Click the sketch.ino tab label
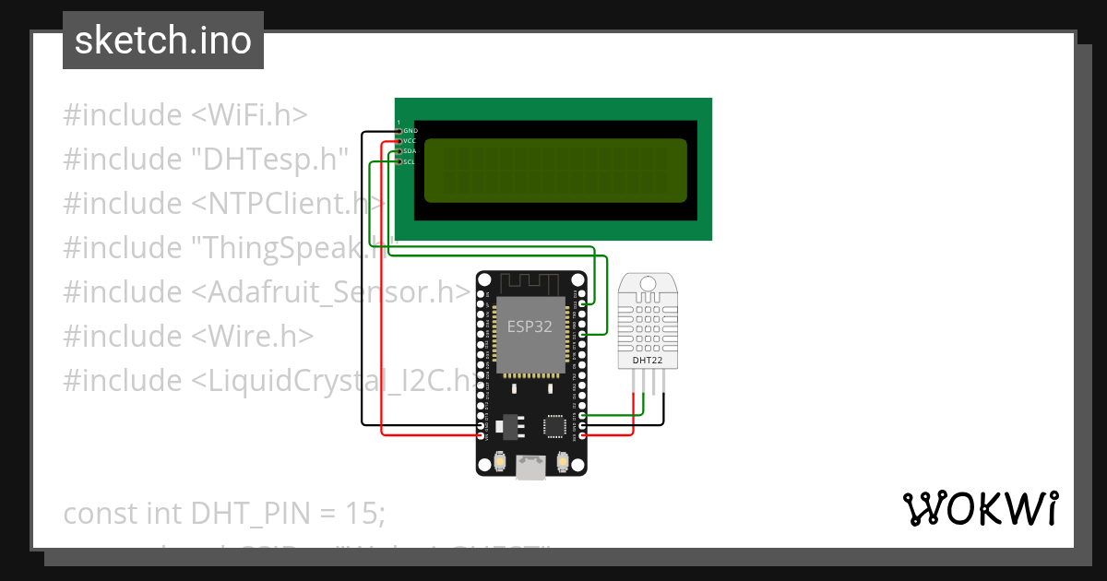(x=163, y=41)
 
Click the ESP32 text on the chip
(x=530, y=326)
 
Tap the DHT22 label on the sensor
(x=647, y=361)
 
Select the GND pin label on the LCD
(x=411, y=131)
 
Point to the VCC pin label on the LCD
(x=411, y=141)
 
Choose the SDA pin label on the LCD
(x=411, y=151)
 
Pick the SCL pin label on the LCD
(x=410, y=161)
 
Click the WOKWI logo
(x=980, y=509)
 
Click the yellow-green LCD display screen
(x=555, y=171)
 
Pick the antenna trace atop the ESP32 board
(x=530, y=281)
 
